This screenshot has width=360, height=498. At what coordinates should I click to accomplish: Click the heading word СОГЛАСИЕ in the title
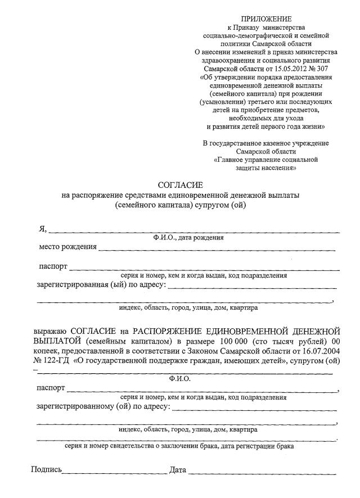pos(179,184)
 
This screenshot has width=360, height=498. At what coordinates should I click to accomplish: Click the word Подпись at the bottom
pos(47,469)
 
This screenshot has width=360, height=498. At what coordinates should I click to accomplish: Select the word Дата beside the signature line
pos(177,469)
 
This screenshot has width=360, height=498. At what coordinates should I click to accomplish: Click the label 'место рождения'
pos(67,247)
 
